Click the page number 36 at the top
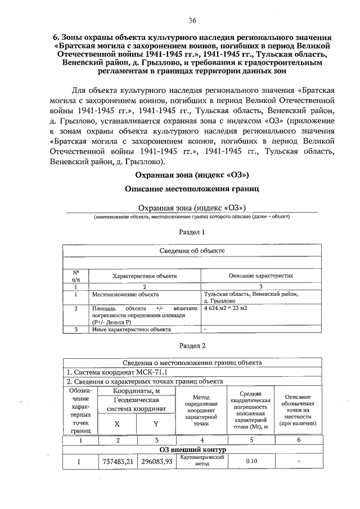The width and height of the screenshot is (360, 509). [192, 21]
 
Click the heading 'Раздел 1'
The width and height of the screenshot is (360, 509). [192, 232]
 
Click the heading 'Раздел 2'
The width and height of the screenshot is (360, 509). [192, 345]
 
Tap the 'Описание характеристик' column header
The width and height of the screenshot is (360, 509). [261, 277]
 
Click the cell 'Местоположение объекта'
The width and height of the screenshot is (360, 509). [125, 294]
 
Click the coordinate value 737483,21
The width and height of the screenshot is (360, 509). [117, 462]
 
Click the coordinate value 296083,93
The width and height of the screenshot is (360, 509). [156, 462]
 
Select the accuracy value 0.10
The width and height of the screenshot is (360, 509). [251, 462]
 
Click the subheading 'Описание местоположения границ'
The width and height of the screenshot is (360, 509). [192, 189]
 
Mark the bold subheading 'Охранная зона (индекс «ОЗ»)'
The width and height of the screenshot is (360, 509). [192, 175]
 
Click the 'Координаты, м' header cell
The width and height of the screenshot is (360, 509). [137, 391]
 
